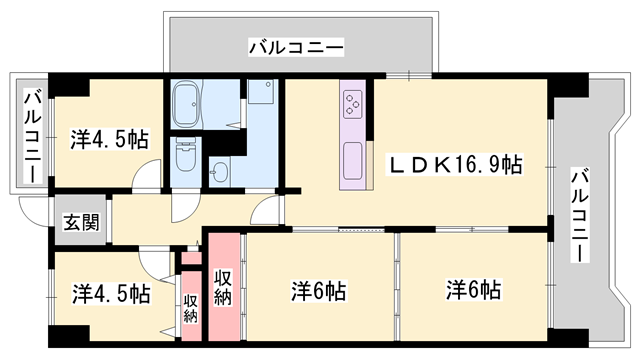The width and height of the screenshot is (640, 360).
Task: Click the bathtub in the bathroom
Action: point(188,102)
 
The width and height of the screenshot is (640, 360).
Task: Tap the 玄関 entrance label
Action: point(81,222)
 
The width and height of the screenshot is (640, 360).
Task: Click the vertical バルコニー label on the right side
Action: point(579,216)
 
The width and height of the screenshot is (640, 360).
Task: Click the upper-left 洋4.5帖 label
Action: point(109,139)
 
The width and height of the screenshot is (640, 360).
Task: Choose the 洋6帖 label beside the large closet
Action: point(319,291)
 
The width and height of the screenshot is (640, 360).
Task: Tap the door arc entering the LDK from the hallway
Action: point(268,212)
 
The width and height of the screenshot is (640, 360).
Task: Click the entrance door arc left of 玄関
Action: point(34,211)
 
